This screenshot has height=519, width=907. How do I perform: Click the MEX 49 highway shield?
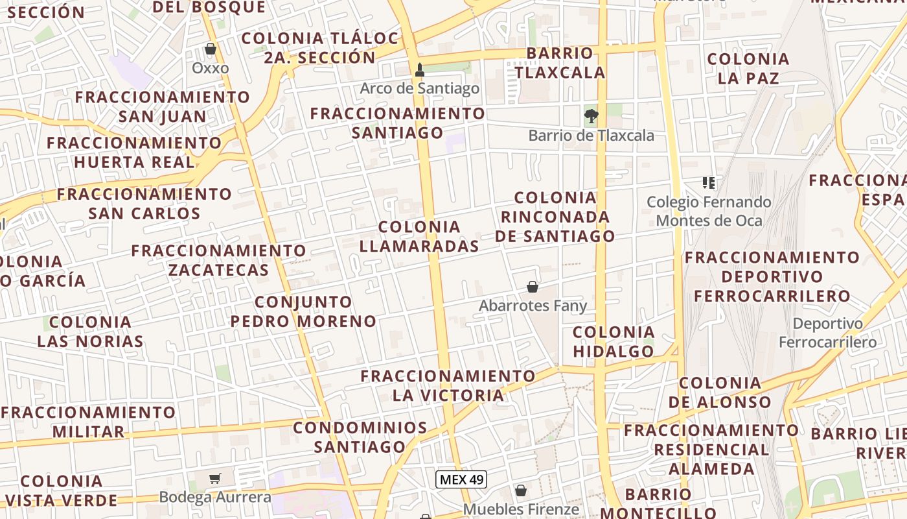click(461, 479)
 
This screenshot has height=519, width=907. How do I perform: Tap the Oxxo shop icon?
click(211, 49)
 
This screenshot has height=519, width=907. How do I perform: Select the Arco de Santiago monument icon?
click(420, 69)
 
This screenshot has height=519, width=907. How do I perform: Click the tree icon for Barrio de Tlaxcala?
click(591, 117)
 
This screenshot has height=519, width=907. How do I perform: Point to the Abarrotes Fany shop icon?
click(533, 287)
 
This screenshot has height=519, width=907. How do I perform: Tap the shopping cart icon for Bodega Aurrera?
click(215, 479)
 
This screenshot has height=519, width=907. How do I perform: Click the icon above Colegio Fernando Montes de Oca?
click(709, 184)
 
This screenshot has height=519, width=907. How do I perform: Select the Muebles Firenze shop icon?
click(521, 490)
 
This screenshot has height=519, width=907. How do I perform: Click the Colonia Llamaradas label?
click(419, 236)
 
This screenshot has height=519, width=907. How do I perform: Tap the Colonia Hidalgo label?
click(614, 342)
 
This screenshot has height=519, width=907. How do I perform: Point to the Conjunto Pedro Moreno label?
click(303, 311)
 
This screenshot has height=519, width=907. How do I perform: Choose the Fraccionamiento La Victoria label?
click(448, 385)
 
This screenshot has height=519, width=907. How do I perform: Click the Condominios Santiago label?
click(360, 437)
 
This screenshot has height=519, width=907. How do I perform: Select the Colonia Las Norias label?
click(91, 332)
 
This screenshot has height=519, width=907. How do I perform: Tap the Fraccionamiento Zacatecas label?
click(219, 260)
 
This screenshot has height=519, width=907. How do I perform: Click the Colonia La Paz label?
click(748, 69)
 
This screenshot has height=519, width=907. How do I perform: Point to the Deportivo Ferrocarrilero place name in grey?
click(828, 333)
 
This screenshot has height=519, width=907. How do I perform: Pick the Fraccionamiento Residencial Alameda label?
click(712, 449)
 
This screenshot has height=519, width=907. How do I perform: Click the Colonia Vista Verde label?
click(62, 490)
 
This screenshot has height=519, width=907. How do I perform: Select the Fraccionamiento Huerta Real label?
click(134, 152)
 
